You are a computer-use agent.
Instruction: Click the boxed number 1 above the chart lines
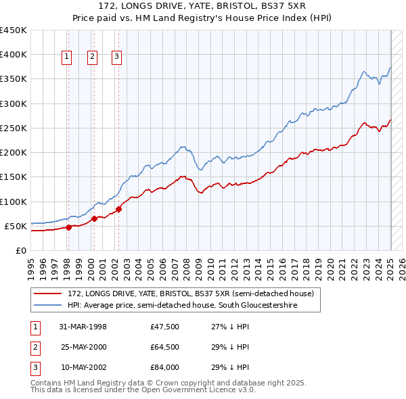coord(68,57)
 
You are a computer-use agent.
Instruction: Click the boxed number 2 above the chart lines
coord(91,57)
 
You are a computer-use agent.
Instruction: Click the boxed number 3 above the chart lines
coord(116,57)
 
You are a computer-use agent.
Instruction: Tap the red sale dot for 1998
coord(68,227)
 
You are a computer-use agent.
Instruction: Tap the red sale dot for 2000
coord(94,218)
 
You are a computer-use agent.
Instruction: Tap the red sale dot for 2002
coord(118,209)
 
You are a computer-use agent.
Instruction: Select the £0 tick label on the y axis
coord(20,250)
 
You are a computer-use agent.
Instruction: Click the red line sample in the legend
coord(49,294)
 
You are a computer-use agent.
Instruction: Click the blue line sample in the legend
coord(49,306)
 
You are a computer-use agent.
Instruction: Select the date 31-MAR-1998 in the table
coord(83,327)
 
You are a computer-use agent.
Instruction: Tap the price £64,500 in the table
coord(164,347)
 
